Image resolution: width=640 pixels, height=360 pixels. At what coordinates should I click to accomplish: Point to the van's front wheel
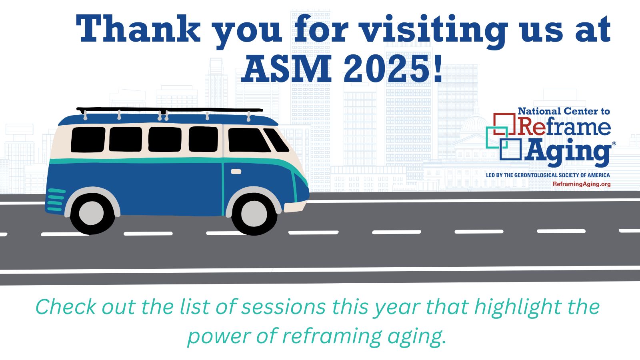[254, 214]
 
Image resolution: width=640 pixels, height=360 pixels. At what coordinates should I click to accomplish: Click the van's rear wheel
[92, 214]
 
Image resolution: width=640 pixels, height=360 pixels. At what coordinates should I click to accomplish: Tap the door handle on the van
[236, 172]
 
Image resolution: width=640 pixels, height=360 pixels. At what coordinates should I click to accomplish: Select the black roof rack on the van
[170, 110]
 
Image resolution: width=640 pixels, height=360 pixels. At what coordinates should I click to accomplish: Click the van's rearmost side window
[88, 140]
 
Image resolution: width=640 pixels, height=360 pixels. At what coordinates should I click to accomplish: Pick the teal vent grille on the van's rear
[56, 200]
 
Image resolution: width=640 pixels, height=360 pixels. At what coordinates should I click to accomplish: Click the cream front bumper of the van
[295, 206]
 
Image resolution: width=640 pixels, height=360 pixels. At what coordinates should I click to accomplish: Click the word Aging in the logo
[568, 152]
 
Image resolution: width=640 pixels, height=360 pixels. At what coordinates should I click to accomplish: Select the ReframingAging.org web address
[582, 184]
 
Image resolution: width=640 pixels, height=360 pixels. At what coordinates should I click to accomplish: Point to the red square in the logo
[504, 124]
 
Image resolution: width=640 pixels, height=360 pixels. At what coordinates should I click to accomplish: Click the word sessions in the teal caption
[283, 307]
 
